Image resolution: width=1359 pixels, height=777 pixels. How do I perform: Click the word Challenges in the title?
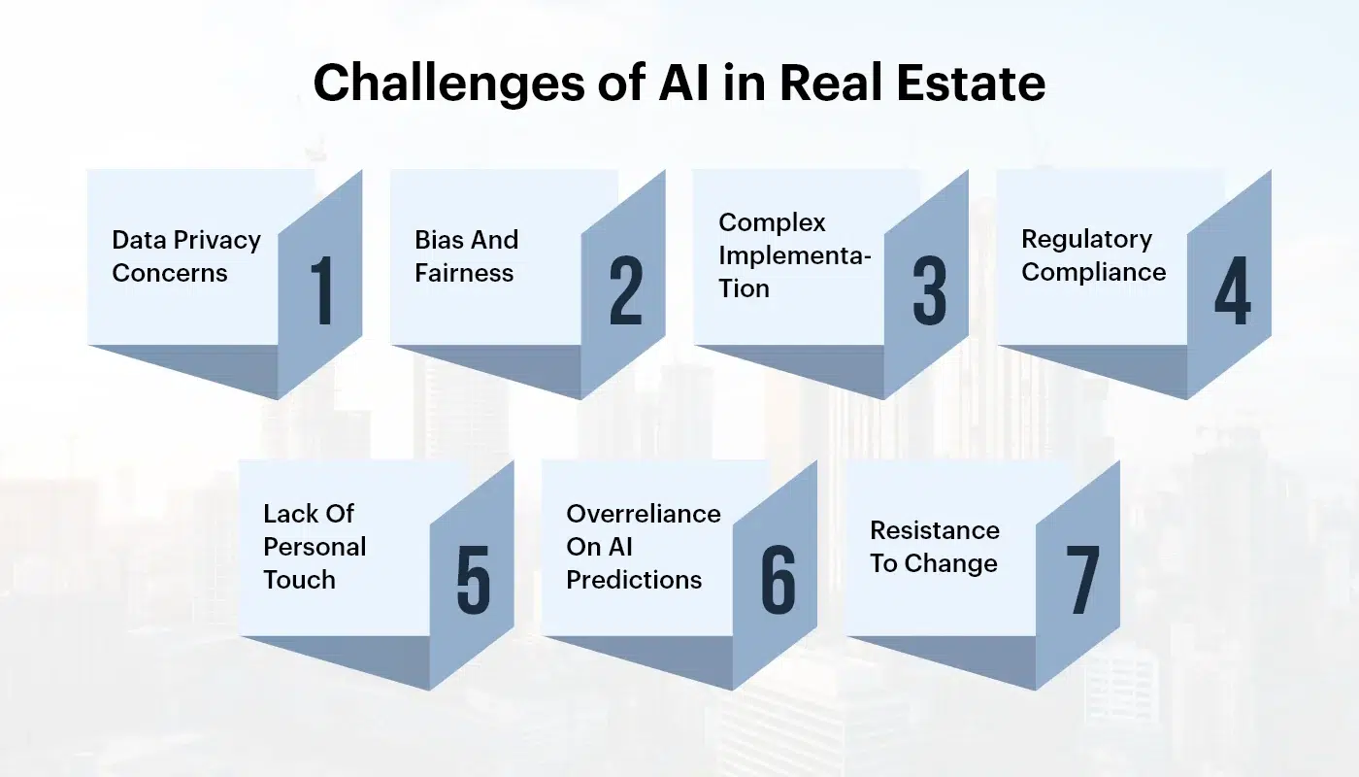click(x=449, y=84)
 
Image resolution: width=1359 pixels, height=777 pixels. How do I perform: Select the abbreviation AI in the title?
click(x=683, y=83)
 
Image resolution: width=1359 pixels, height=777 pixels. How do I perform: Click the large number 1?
click(x=321, y=290)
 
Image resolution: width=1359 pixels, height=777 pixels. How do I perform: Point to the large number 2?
click(x=625, y=290)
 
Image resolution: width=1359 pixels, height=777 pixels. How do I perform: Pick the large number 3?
click(x=930, y=290)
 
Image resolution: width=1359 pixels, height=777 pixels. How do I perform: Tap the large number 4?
click(x=1233, y=290)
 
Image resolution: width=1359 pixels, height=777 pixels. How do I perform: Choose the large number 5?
click(x=474, y=579)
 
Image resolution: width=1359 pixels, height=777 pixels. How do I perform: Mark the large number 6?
click(x=778, y=579)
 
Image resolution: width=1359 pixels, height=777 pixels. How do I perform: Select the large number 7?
click(x=1082, y=579)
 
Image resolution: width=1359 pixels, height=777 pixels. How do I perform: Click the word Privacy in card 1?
click(x=216, y=241)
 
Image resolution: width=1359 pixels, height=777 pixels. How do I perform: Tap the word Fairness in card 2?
click(x=464, y=273)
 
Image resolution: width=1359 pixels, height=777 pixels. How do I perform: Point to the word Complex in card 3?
click(x=772, y=223)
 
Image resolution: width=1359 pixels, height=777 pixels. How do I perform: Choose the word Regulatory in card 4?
click(x=1086, y=240)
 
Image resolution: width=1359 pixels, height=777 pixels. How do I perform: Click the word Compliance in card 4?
click(x=1093, y=273)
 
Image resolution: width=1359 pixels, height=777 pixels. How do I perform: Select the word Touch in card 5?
click(x=299, y=580)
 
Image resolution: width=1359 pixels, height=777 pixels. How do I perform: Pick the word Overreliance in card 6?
click(x=644, y=514)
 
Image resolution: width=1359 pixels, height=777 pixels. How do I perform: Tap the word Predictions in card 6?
click(x=634, y=580)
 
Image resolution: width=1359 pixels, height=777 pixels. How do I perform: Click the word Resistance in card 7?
click(x=934, y=530)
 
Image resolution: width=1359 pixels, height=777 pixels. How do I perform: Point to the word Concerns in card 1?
click(x=170, y=273)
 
